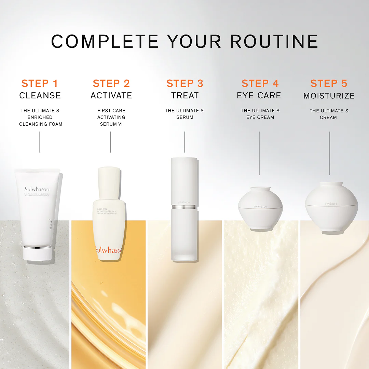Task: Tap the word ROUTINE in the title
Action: pos(274,41)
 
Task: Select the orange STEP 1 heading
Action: pos(40,83)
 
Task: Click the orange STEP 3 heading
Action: pos(185,83)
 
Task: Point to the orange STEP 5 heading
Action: pos(329,83)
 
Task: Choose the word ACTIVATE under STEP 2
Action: pos(111,96)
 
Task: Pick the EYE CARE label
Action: pos(259,96)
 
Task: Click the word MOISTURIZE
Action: pos(329,96)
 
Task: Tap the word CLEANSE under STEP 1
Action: pos(40,96)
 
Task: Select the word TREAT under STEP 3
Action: pos(185,96)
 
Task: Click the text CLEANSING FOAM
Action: pos(41,124)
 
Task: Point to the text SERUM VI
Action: pos(111,124)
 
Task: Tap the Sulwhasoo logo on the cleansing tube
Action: pos(37,189)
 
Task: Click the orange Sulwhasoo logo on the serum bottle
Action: pos(108,250)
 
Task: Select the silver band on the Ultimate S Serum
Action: pos(184,207)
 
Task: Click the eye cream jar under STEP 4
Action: pos(260,208)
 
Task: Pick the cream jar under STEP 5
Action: pos(331,208)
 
